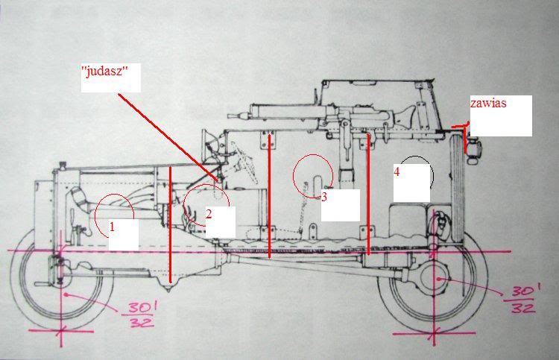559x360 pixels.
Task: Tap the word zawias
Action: [x=488, y=104]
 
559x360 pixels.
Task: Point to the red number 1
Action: [x=113, y=224]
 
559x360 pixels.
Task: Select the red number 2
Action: [x=209, y=213]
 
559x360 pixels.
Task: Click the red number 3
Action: [x=324, y=197]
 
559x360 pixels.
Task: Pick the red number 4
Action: [x=397, y=171]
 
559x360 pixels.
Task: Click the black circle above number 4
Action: [x=415, y=174]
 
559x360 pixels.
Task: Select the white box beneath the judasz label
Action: [x=110, y=83]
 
